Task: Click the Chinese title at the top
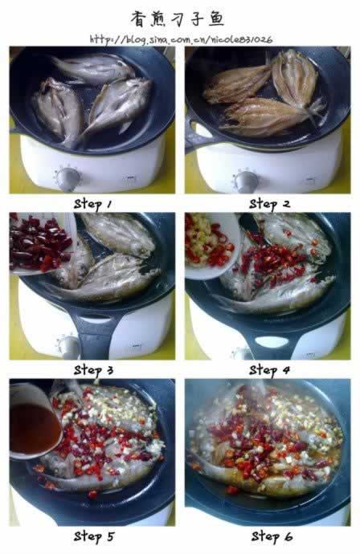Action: (178, 18)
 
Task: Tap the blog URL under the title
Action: (181, 39)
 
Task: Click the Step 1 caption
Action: (93, 204)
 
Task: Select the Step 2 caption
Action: (269, 204)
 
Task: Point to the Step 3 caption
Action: (93, 371)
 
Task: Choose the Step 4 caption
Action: (269, 371)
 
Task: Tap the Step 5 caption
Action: (94, 536)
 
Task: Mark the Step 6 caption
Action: (272, 536)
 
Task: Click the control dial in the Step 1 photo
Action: (67, 178)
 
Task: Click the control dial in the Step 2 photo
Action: (245, 181)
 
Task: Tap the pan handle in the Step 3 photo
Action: (92, 330)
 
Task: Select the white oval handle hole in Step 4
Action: (272, 342)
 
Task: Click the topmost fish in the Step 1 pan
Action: (93, 69)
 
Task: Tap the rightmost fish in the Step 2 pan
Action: (295, 79)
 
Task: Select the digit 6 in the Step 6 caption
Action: (288, 536)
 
